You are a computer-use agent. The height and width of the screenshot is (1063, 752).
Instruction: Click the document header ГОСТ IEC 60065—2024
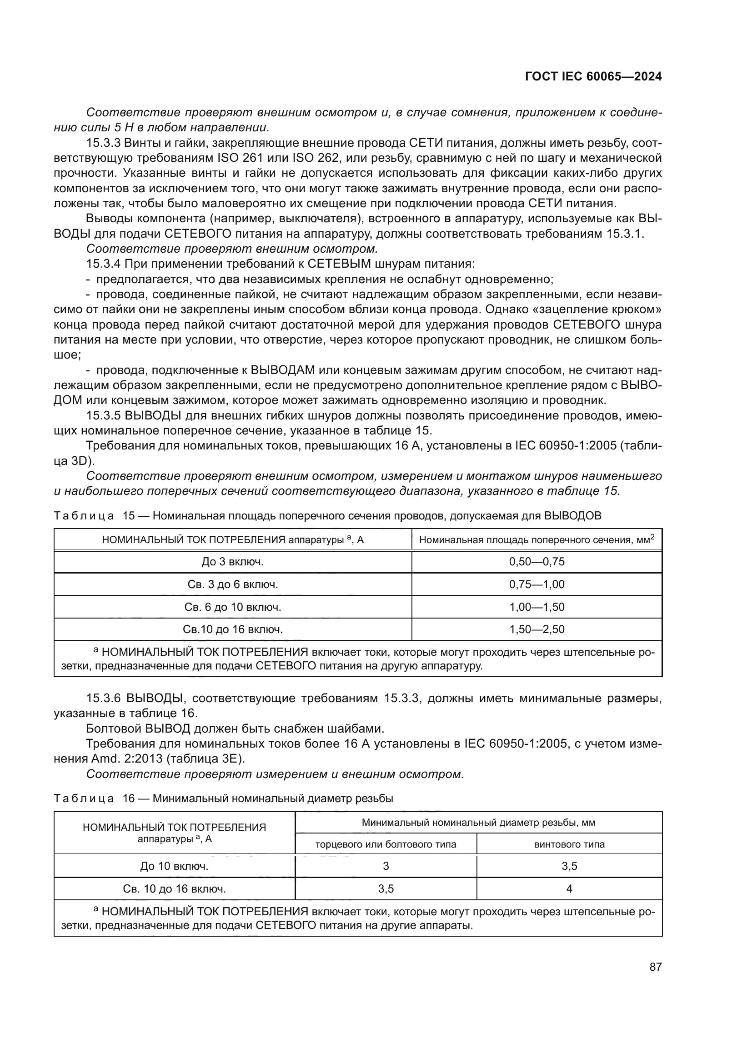pos(593,77)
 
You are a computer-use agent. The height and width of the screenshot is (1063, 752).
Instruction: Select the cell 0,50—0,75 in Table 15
pos(536,562)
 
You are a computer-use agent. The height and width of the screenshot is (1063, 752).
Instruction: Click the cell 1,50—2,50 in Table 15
pos(536,629)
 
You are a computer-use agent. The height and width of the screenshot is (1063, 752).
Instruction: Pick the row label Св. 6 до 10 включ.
pos(232,607)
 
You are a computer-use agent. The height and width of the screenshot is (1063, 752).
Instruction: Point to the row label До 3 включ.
pos(232,562)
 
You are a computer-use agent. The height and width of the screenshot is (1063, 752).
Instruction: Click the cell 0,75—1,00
pos(536,584)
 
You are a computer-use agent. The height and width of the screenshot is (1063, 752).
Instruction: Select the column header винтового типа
pos(569,844)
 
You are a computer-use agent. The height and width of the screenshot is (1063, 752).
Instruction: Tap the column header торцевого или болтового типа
pos(386,844)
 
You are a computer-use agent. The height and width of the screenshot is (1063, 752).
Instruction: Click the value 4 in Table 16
pos(569,888)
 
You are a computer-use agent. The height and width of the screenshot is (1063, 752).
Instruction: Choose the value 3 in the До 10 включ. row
pos(386,866)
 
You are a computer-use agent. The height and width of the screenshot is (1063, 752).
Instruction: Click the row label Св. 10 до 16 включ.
pos(174,889)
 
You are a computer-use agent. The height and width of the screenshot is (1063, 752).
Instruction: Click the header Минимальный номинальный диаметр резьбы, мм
pos(478,823)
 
